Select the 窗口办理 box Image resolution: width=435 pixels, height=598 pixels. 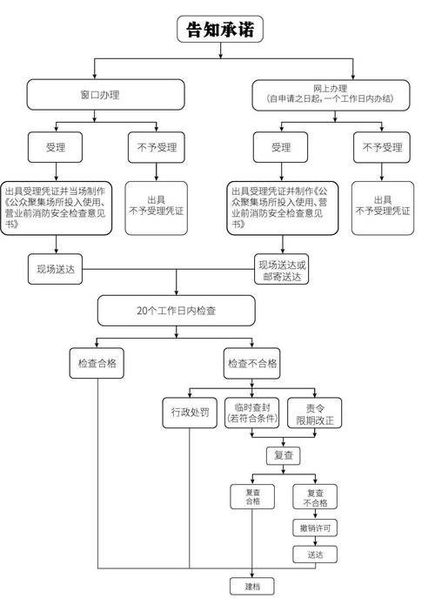click(106, 94)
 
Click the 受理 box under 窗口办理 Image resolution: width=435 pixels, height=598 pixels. click(56, 147)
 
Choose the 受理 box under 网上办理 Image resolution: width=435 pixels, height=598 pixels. click(281, 147)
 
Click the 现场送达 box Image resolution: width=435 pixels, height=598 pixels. click(57, 269)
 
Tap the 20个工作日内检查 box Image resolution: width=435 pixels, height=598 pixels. click(177, 311)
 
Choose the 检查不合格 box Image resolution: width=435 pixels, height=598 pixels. click(251, 364)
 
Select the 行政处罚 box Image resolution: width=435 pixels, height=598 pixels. click(186, 413)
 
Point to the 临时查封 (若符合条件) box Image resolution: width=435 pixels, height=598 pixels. click(251, 413)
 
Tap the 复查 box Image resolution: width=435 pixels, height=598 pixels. click(284, 455)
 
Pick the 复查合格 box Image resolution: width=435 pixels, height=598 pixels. click(252, 497)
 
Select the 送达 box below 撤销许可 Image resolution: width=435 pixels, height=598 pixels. click(314, 554)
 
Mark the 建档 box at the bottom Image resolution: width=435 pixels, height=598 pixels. click(252, 586)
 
